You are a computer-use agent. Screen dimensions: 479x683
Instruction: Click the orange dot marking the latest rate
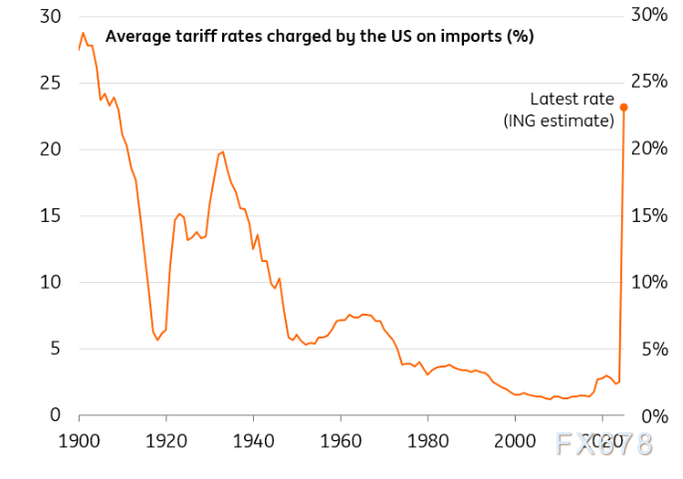[x=624, y=108]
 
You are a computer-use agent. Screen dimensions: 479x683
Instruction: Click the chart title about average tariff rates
[x=320, y=37]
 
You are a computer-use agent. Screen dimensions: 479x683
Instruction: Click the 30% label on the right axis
[x=649, y=15]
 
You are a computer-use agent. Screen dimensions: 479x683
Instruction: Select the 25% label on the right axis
[x=649, y=82]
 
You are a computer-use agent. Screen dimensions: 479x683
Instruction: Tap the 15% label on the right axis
[x=649, y=215]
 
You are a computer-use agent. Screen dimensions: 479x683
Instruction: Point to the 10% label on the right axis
[x=649, y=282]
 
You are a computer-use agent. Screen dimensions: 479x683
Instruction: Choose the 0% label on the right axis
[x=653, y=415]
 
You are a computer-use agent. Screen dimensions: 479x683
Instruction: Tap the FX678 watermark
[x=606, y=444]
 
